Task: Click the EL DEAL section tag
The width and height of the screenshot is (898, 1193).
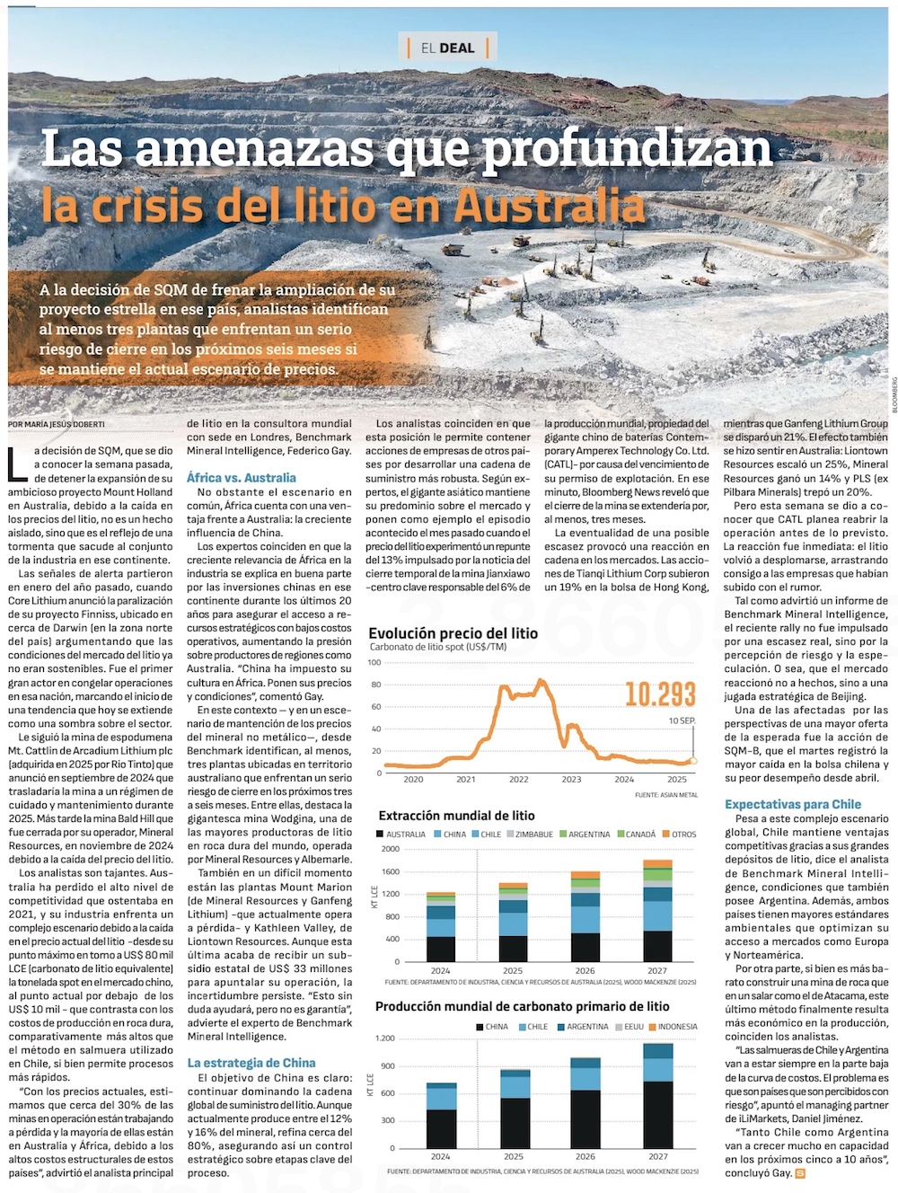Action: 447,48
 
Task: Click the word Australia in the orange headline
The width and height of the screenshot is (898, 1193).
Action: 550,206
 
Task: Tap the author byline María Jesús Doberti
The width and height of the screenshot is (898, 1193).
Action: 57,424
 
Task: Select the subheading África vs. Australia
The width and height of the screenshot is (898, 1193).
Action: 241,478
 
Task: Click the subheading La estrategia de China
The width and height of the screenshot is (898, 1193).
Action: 251,1063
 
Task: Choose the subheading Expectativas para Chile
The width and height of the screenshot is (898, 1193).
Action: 793,804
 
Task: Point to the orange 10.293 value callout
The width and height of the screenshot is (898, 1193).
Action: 660,694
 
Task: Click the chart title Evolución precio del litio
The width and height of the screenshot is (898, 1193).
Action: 453,633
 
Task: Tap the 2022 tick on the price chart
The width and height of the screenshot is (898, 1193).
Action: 518,779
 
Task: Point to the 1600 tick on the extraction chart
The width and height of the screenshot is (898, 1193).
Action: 390,871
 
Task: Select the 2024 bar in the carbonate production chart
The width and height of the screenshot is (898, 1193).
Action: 440,1116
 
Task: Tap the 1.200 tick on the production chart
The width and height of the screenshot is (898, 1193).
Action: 384,1038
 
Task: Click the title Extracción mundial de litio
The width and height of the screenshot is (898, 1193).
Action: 456,816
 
